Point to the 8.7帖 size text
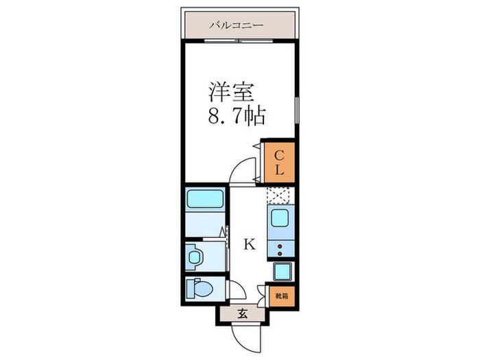click(237, 115)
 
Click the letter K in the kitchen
click(250, 243)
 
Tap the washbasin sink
click(194, 256)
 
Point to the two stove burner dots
click(280, 248)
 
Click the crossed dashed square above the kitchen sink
click(280, 195)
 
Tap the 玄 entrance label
click(242, 315)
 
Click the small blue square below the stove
click(282, 272)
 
